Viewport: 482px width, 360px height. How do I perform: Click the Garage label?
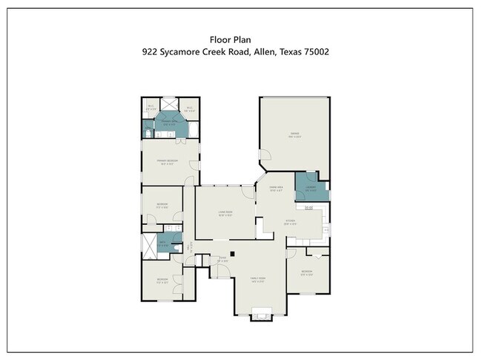click(x=294, y=135)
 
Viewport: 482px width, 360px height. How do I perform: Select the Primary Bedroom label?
click(x=166, y=163)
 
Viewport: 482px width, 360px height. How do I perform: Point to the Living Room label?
click(x=225, y=215)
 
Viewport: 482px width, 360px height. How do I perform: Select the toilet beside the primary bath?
click(x=147, y=134)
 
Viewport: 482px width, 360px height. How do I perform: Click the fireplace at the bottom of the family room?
click(x=261, y=312)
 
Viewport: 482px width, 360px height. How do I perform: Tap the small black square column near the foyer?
click(x=232, y=254)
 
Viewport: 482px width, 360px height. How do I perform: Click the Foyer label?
click(x=222, y=260)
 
